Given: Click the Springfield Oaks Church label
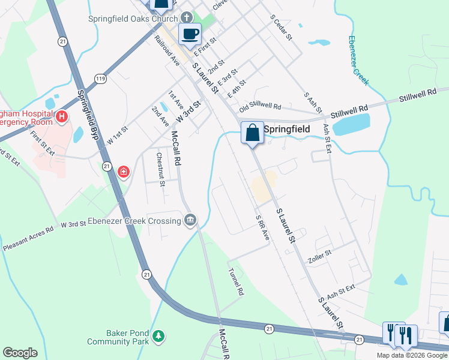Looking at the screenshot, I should [133, 19].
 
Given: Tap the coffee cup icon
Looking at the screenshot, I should [190, 34].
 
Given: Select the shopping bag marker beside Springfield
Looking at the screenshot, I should [253, 132].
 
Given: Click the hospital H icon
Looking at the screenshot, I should [61, 115].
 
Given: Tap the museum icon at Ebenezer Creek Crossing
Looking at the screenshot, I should [191, 221].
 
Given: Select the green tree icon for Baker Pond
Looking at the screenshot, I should [158, 336].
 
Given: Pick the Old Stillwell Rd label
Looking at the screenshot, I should [260, 107].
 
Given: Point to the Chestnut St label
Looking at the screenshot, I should [160, 169].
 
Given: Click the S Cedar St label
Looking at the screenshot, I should [280, 28].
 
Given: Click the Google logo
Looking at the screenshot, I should [20, 353].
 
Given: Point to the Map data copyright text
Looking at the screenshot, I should [411, 355].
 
